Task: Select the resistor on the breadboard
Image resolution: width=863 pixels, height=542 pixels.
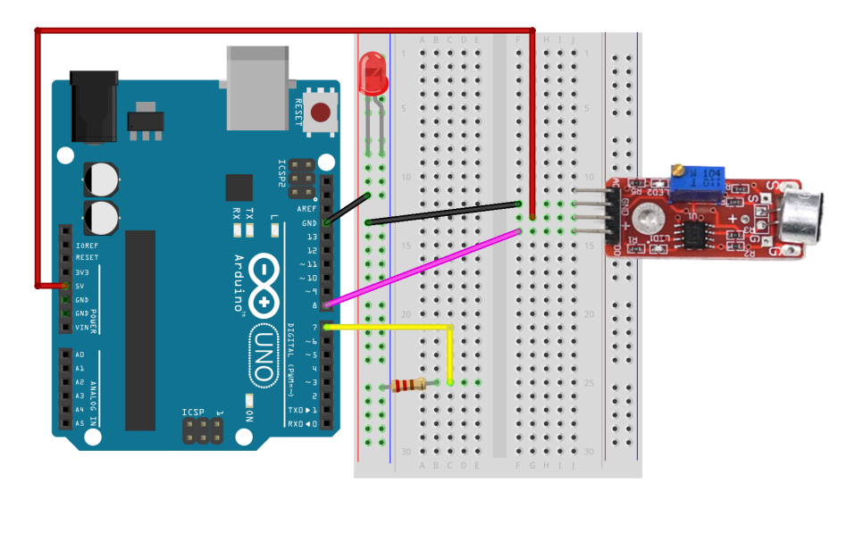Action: [x=410, y=385]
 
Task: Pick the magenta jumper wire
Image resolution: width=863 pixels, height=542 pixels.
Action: [x=420, y=268]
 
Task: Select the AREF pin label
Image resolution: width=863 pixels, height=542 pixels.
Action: [x=307, y=209]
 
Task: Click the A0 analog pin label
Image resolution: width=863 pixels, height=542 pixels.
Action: [x=80, y=354]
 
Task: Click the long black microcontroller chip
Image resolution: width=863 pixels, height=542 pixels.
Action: [x=140, y=329]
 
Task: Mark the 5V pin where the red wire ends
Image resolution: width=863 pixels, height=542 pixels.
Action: [x=65, y=286]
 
